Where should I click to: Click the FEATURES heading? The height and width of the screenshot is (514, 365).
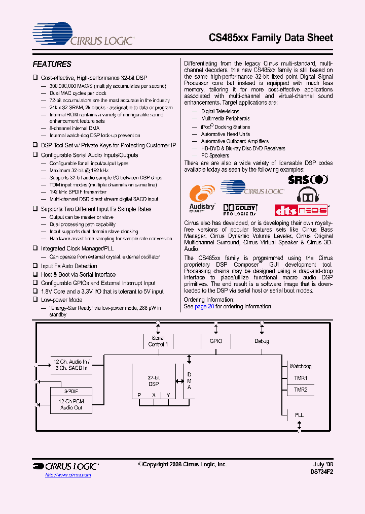click(52, 65)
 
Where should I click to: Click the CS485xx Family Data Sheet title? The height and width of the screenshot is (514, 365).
click(271, 38)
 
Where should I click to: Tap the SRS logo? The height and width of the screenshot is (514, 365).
click(308, 179)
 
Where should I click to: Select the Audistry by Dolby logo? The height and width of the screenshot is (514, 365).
click(202, 199)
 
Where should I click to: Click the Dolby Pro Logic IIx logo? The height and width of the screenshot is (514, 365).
click(240, 209)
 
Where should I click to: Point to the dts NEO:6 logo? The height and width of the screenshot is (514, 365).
click(301, 210)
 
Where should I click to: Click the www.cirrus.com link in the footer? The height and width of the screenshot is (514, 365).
click(68, 475)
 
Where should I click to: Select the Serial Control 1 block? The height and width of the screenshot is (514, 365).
click(158, 341)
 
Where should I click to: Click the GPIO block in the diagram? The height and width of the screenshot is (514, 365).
click(215, 341)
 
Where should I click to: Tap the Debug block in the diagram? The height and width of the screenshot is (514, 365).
click(262, 341)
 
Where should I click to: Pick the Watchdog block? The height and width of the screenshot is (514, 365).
click(300, 366)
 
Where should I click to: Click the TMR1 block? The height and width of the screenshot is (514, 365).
click(301, 378)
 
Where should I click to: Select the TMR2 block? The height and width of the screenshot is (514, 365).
click(301, 390)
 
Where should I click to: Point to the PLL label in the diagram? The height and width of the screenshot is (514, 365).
click(299, 415)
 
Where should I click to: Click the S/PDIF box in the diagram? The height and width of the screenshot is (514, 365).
click(71, 392)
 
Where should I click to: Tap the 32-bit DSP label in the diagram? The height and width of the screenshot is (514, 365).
click(153, 381)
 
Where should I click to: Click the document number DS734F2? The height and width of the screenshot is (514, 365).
click(321, 471)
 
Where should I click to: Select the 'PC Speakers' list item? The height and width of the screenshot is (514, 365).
click(215, 155)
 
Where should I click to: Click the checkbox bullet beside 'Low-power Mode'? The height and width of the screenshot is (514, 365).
click(35, 300)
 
